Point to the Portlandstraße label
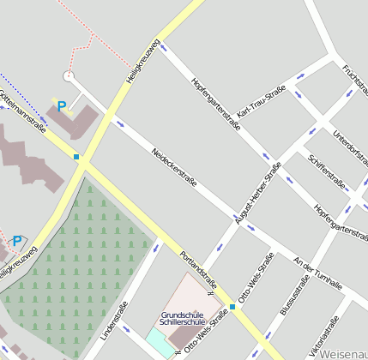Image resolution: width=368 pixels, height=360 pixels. [x=198, y=270]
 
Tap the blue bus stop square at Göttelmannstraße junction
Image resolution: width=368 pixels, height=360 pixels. [x=76, y=157]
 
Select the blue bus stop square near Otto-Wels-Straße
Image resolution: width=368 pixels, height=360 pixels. [x=232, y=306]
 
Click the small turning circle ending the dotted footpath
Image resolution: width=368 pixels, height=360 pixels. [x=69, y=76]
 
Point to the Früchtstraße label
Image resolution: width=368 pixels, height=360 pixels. [x=354, y=81]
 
